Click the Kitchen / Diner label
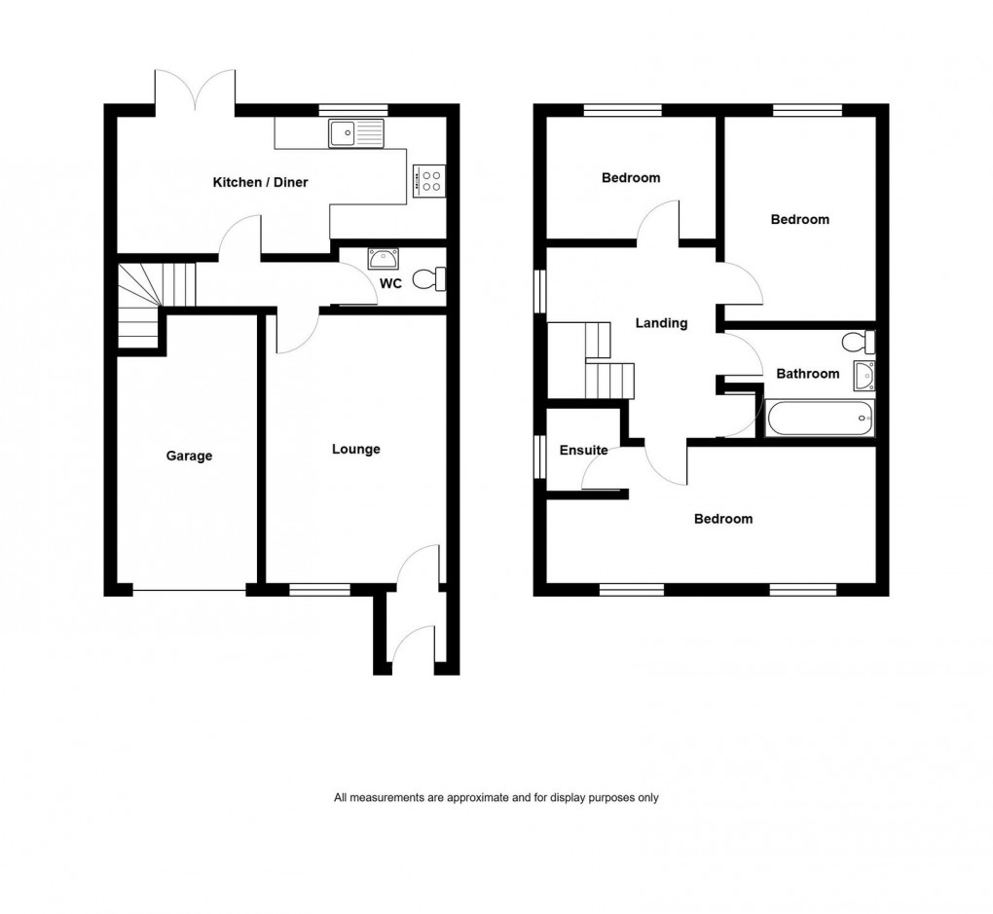[260, 182]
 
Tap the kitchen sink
[356, 133]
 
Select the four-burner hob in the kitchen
[429, 179]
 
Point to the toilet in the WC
[428, 280]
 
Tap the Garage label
[189, 456]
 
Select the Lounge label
[355, 449]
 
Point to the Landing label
[661, 323]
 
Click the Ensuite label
[583, 451]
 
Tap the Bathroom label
[807, 374]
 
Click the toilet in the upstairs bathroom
[859, 343]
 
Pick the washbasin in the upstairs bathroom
[863, 375]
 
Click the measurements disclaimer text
[496, 798]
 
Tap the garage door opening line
[189, 590]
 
